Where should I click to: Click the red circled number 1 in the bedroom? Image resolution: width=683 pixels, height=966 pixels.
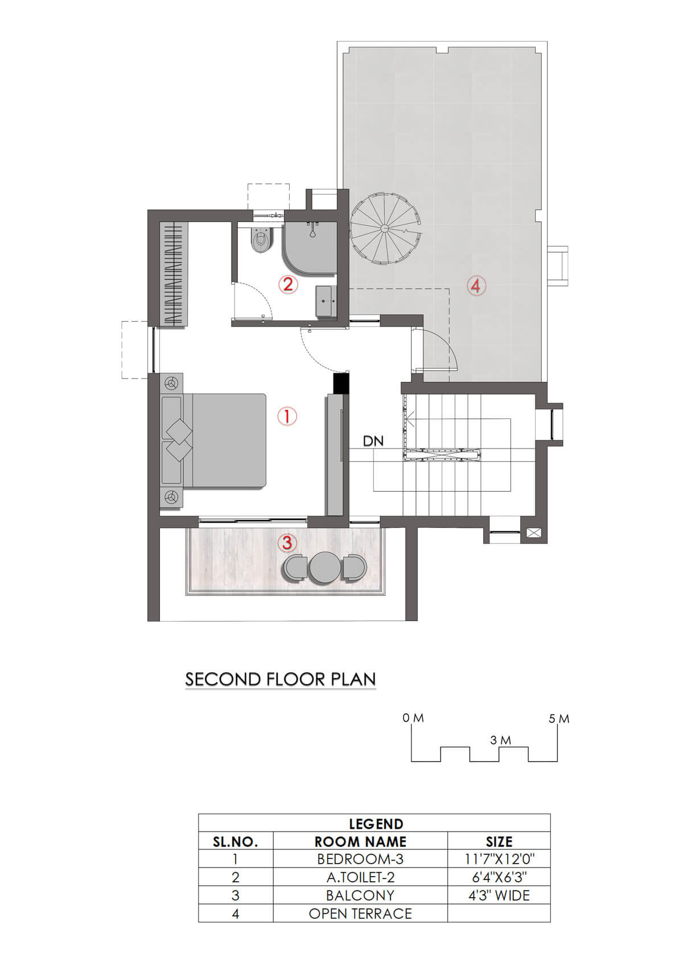[x=287, y=416]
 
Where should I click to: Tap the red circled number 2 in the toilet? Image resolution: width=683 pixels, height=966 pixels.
[x=287, y=284]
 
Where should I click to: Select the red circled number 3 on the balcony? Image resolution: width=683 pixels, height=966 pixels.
[x=287, y=543]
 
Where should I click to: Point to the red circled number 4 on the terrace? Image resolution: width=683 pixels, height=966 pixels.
[x=476, y=286]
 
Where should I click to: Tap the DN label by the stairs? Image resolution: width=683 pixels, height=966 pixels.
[x=373, y=441]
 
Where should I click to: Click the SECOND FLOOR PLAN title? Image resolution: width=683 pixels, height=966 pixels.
[x=280, y=679]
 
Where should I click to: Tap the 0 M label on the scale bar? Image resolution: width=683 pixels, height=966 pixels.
[x=413, y=718]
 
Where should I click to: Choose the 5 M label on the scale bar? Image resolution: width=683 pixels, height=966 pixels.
[x=559, y=718]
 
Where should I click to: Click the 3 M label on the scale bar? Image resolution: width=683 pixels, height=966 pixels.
[x=501, y=740]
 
